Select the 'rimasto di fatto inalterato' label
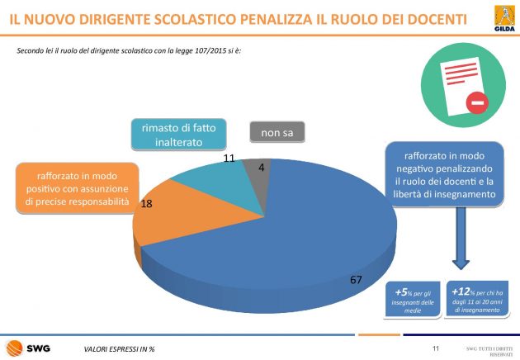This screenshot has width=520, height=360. pyautogui.click(x=177, y=134)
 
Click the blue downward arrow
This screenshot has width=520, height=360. pyautogui.click(x=461, y=248)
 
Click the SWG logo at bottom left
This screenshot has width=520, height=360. pyautogui.click(x=29, y=348)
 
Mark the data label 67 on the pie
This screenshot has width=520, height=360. pyautogui.click(x=357, y=281)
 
